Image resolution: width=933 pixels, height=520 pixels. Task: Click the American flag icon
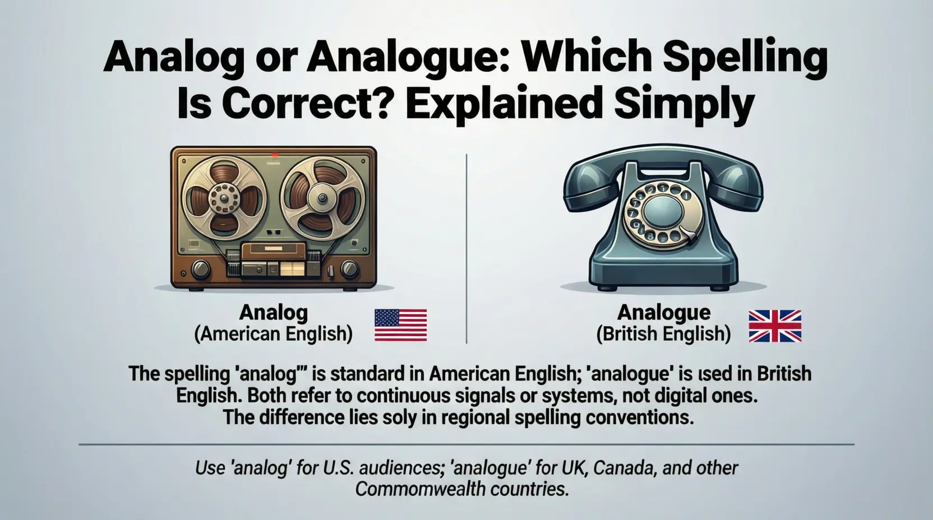(400, 326)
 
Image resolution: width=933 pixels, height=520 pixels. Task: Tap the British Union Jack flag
(775, 326)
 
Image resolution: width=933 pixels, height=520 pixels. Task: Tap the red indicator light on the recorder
(274, 154)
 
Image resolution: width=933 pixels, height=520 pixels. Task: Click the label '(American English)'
(274, 335)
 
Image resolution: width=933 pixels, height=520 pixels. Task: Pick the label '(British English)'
(663, 335)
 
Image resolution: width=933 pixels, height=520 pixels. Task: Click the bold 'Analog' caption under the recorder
(274, 313)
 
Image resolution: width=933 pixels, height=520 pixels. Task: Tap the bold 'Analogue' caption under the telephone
(664, 313)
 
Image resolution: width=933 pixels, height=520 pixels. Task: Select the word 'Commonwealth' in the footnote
(419, 489)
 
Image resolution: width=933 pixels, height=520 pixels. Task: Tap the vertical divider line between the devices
(466, 247)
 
